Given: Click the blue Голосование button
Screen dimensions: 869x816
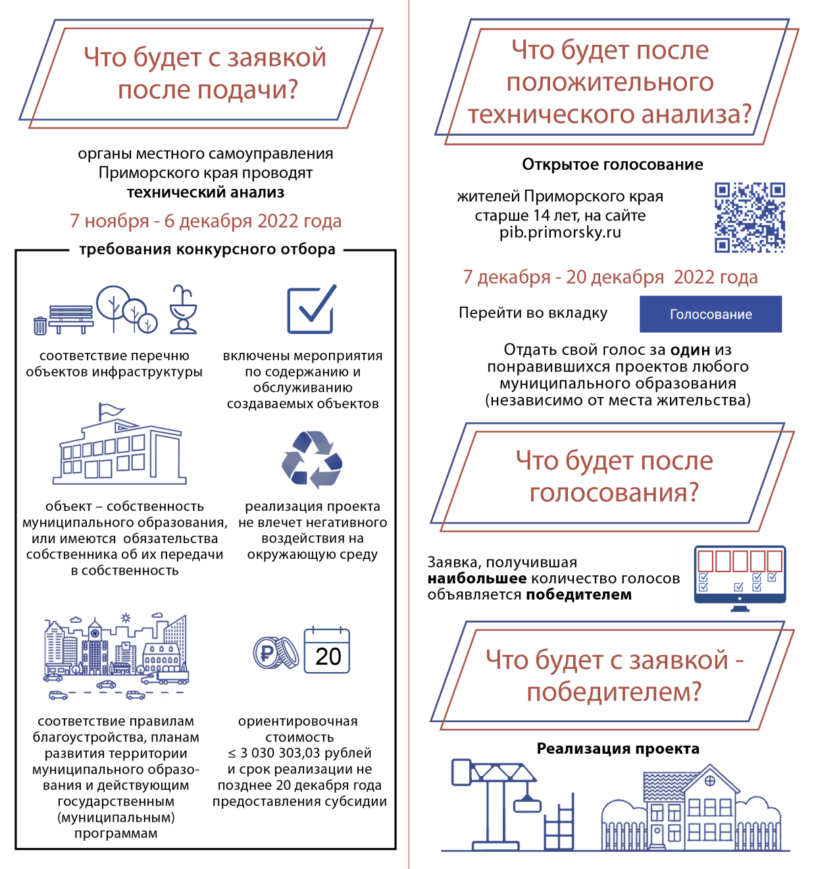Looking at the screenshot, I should pyautogui.click(x=710, y=314).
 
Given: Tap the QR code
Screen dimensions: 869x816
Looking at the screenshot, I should pyautogui.click(x=750, y=217).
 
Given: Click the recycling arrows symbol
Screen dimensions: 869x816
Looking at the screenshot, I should pyautogui.click(x=312, y=460).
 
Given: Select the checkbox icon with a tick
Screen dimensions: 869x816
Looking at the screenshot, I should pyautogui.click(x=311, y=309).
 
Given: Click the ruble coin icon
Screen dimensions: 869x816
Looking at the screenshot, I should pyautogui.click(x=274, y=653).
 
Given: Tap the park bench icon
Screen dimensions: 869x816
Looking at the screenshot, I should pyautogui.click(x=70, y=319).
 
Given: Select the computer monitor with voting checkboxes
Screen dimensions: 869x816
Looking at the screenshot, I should pyautogui.click(x=740, y=577).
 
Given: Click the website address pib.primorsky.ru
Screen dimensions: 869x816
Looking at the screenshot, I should pyautogui.click(x=560, y=232).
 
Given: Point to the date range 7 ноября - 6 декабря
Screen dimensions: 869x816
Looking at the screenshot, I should pyautogui.click(x=205, y=221).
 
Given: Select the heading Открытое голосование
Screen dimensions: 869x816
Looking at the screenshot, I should pyautogui.click(x=612, y=165).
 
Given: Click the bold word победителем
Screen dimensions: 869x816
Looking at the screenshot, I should pyautogui.click(x=578, y=595).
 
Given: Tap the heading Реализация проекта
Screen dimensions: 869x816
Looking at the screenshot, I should pyautogui.click(x=617, y=749).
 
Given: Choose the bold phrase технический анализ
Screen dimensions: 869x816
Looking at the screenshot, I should pyautogui.click(x=205, y=193).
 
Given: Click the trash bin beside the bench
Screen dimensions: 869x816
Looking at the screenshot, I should pyautogui.click(x=40, y=325).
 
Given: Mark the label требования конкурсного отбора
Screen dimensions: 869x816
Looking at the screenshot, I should pyautogui.click(x=207, y=250).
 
